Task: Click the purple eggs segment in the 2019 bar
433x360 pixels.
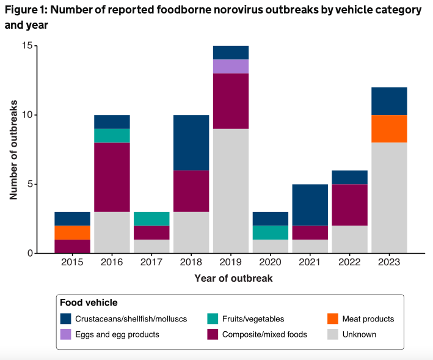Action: [231, 67]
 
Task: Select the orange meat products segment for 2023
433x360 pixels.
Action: [389, 128]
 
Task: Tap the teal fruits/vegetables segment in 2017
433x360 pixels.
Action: [151, 219]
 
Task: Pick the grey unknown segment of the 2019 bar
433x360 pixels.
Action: [231, 190]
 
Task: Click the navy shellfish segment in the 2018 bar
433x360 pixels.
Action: [191, 142]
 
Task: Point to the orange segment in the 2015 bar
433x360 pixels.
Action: [73, 232]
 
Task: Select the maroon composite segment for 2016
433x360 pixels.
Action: [112, 177]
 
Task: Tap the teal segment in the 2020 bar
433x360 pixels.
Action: [271, 232]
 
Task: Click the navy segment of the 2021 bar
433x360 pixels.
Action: [310, 205]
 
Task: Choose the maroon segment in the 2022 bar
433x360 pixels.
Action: [349, 205]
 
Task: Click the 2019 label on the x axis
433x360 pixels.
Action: [231, 262]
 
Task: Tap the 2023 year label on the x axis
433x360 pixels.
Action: [389, 262]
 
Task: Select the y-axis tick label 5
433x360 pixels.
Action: [29, 184]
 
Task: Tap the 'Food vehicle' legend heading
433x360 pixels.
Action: [89, 303]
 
